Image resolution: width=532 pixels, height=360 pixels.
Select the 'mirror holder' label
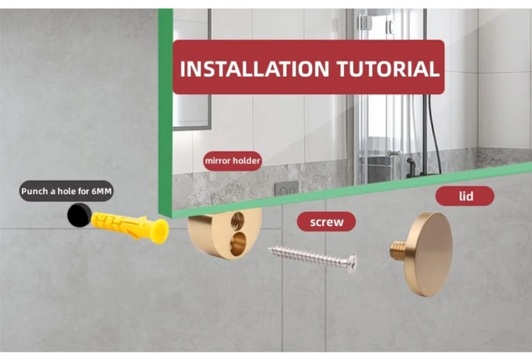pyautogui.click(x=233, y=161)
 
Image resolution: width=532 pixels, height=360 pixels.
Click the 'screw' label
pyautogui.click(x=326, y=222)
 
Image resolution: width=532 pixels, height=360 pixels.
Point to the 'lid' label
pyautogui.click(x=465, y=196)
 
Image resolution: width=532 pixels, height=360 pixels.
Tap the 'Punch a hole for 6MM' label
pyautogui.click(x=66, y=191)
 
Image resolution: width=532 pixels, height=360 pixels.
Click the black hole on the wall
pyautogui.click(x=79, y=215)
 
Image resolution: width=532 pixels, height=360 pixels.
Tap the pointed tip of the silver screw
pyautogui.click(x=269, y=250)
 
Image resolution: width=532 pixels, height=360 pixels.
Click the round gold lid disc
pyautogui.click(x=429, y=254)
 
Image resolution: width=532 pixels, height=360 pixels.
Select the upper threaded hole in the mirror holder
pyautogui.click(x=237, y=220)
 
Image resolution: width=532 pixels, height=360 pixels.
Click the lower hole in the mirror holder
pyautogui.click(x=238, y=243)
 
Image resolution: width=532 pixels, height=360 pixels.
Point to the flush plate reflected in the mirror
pyautogui.click(x=287, y=189)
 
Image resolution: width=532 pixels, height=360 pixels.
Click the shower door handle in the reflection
pyautogui.click(x=394, y=153)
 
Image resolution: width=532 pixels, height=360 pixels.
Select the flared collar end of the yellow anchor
pyautogui.click(x=161, y=231)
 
